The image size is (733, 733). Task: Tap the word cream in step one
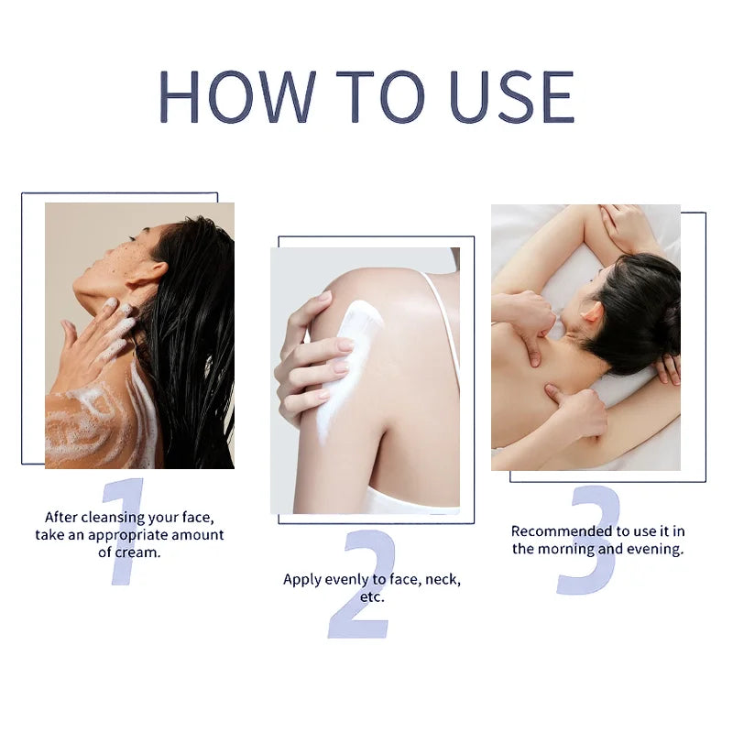coord(136,552)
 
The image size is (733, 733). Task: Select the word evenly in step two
coord(346,579)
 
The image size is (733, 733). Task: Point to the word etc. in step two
coord(371,596)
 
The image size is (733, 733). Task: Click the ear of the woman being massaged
coord(591,314)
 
